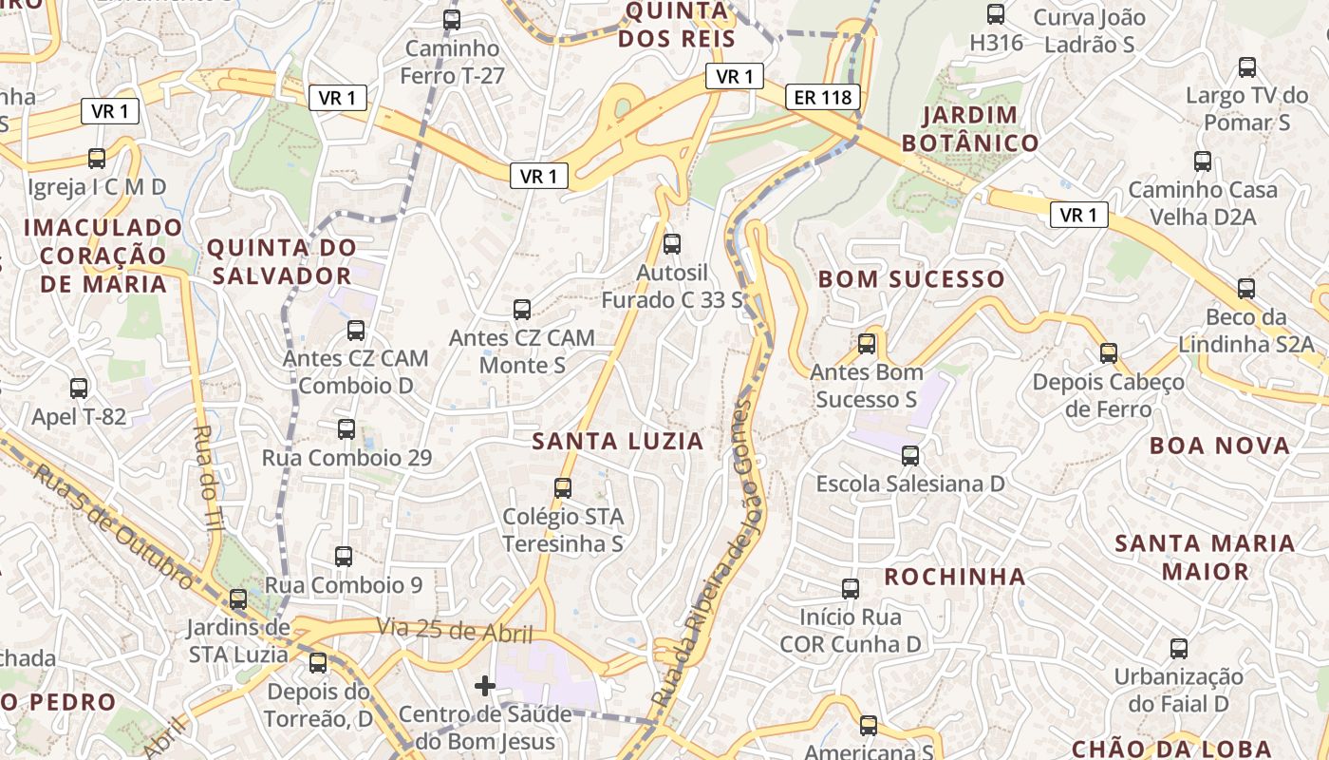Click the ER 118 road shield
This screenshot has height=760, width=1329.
point(823,96)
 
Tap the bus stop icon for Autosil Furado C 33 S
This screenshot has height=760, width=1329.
point(672,243)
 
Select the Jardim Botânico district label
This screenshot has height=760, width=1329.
point(969,129)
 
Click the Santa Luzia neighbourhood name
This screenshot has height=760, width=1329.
point(618,441)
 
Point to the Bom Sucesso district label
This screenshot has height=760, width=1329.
point(910,279)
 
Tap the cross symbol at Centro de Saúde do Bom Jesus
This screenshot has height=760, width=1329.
point(485,685)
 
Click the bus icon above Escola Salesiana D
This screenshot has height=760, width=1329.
point(910,456)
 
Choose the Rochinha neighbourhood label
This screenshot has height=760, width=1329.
point(955,577)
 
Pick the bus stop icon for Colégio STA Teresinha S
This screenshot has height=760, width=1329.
point(563,488)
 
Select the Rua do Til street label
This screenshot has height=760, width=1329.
point(208,475)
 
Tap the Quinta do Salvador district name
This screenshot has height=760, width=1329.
point(282,262)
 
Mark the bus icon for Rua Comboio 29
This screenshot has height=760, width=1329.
point(346,428)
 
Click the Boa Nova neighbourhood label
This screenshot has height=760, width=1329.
point(1220,446)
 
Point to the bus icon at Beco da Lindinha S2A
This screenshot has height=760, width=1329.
point(1246,288)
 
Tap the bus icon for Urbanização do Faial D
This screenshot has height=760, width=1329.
point(1179,649)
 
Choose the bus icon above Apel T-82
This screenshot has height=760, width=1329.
point(79,388)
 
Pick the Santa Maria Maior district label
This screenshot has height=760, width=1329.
point(1205,558)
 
